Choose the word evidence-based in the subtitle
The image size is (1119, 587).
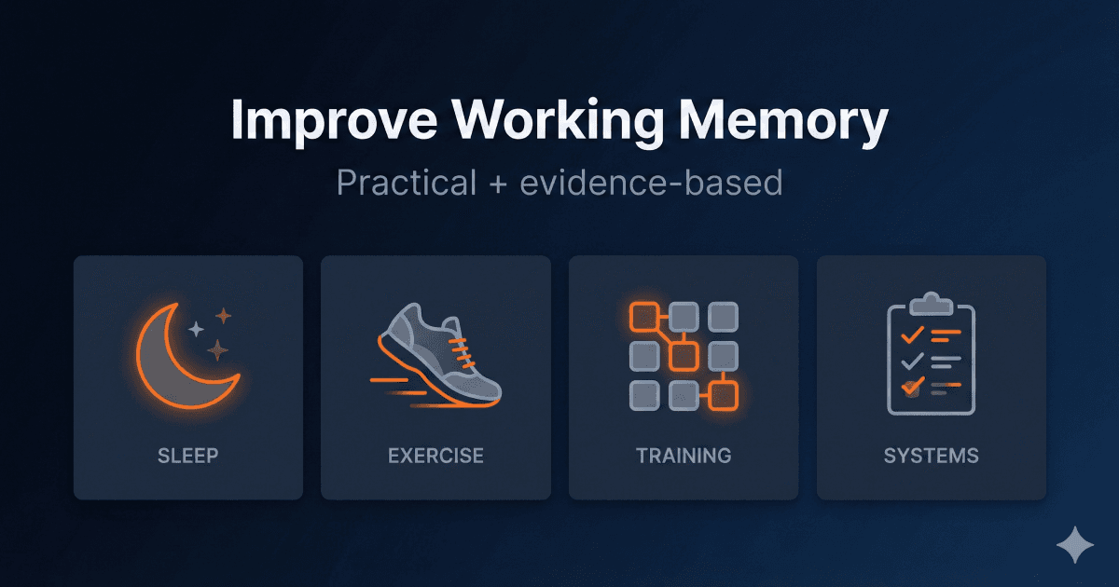point(651,183)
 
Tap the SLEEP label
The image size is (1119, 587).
point(187,456)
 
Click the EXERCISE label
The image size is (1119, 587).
point(435,456)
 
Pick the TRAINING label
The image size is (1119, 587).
point(684,456)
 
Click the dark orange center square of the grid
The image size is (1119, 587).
point(684,356)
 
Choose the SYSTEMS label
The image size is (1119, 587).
point(931,456)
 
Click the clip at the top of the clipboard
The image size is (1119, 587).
point(930,304)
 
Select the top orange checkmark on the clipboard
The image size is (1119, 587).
point(912,333)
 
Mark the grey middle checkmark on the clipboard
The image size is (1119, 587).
point(912,359)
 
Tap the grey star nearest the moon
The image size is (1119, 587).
point(196,329)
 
